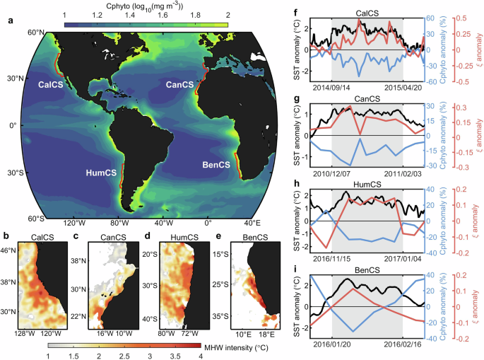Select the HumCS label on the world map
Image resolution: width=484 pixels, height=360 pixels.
[x=101, y=172]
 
